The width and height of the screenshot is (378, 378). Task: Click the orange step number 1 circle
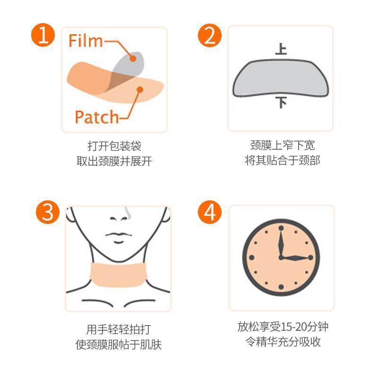(x=43, y=35)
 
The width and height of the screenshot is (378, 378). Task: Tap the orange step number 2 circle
(x=209, y=35)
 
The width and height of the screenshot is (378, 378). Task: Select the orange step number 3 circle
(x=48, y=212)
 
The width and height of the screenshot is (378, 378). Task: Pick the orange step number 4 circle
(x=209, y=212)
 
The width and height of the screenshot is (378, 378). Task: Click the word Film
(x=86, y=41)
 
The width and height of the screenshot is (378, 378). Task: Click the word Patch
(x=97, y=117)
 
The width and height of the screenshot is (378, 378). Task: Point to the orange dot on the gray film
(x=133, y=58)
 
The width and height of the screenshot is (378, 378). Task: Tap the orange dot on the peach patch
(x=140, y=90)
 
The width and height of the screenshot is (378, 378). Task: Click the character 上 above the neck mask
(x=281, y=49)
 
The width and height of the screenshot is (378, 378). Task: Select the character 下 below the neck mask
(x=281, y=103)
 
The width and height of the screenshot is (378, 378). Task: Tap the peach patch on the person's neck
(x=119, y=275)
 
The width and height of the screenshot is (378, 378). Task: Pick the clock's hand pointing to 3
(x=296, y=258)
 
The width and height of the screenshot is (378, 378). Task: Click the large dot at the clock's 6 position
(x=281, y=287)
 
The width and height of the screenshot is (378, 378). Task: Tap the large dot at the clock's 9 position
(x=252, y=258)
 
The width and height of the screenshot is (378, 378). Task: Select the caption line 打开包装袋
(x=114, y=146)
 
